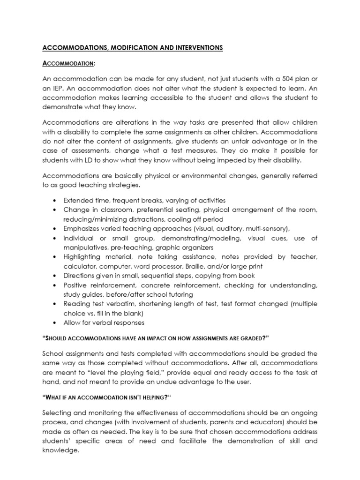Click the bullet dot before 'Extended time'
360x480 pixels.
coord(56,200)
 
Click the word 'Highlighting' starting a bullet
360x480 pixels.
coord(82,257)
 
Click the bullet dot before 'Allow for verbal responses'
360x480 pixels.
coord(56,323)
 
